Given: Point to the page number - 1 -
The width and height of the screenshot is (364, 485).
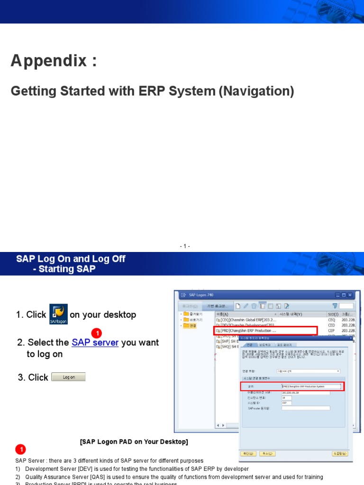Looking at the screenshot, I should click(x=185, y=246).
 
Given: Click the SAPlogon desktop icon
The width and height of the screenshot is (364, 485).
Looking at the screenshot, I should click(x=58, y=314).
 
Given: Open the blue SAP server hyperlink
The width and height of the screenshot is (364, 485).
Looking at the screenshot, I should click(x=95, y=342).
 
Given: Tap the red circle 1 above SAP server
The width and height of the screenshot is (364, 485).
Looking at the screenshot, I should click(x=96, y=333).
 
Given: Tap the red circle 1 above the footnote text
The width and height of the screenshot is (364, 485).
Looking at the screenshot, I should click(x=20, y=449).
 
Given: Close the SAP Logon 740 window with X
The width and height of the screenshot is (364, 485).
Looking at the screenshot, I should click(x=350, y=295).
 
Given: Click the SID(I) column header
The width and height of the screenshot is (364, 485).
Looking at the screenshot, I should click(x=333, y=314).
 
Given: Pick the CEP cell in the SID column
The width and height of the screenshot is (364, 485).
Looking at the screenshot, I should click(x=331, y=331).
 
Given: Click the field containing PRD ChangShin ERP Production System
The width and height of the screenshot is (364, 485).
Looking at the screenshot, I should click(x=310, y=386).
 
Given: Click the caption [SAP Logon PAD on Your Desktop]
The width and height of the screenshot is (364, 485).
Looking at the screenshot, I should click(x=134, y=442).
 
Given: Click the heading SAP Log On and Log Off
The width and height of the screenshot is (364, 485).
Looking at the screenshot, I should click(x=71, y=259).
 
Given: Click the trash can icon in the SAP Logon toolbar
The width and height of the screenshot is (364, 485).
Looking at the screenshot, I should click(x=254, y=305).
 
